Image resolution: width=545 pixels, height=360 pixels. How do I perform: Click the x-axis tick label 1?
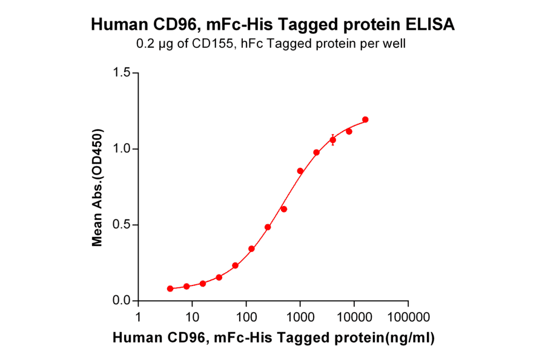139,317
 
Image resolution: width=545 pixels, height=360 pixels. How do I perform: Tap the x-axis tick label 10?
193,317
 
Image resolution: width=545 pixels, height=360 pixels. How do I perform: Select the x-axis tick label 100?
246,317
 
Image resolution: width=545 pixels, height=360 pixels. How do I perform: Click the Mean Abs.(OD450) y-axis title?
96,188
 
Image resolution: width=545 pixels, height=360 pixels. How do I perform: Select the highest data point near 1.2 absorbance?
365,119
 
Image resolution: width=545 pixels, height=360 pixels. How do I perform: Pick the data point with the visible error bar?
332,140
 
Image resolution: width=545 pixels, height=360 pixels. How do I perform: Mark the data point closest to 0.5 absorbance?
268,227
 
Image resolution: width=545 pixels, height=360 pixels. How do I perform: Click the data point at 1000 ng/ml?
300,171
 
